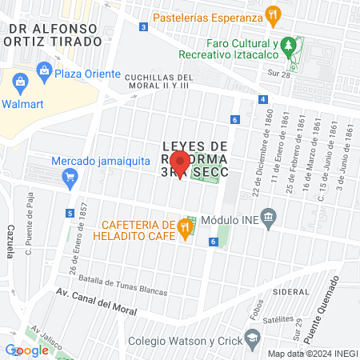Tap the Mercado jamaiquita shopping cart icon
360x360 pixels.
(x=70, y=177)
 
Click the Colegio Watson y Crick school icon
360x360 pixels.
(x=253, y=338)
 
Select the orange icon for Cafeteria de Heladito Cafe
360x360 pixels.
(x=186, y=228)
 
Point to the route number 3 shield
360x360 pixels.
(x=143, y=26)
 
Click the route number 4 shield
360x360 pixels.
(x=262, y=99)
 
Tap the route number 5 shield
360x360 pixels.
(x=71, y=213)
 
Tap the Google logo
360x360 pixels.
(x=26, y=350)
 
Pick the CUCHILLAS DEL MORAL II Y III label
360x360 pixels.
(x=156, y=78)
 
